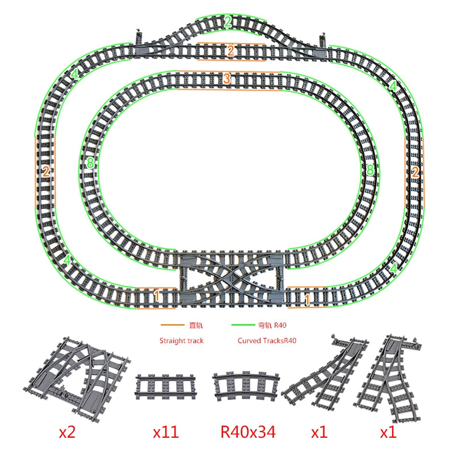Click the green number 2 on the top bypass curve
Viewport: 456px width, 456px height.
[x=228, y=22]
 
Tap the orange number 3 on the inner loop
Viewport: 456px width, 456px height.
[x=226, y=78]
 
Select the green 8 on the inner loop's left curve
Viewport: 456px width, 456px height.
[x=91, y=162]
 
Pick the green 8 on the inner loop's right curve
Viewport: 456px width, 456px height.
[x=370, y=170]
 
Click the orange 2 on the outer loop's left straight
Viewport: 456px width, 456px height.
[x=46, y=172]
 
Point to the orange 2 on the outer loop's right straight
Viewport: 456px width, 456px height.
[x=415, y=172]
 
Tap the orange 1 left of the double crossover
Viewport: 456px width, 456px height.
[x=156, y=296]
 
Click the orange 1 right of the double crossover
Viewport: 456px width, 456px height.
[x=307, y=299]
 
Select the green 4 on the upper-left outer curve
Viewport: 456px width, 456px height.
[x=75, y=74]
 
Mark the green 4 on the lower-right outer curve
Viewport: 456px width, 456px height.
[x=393, y=268]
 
